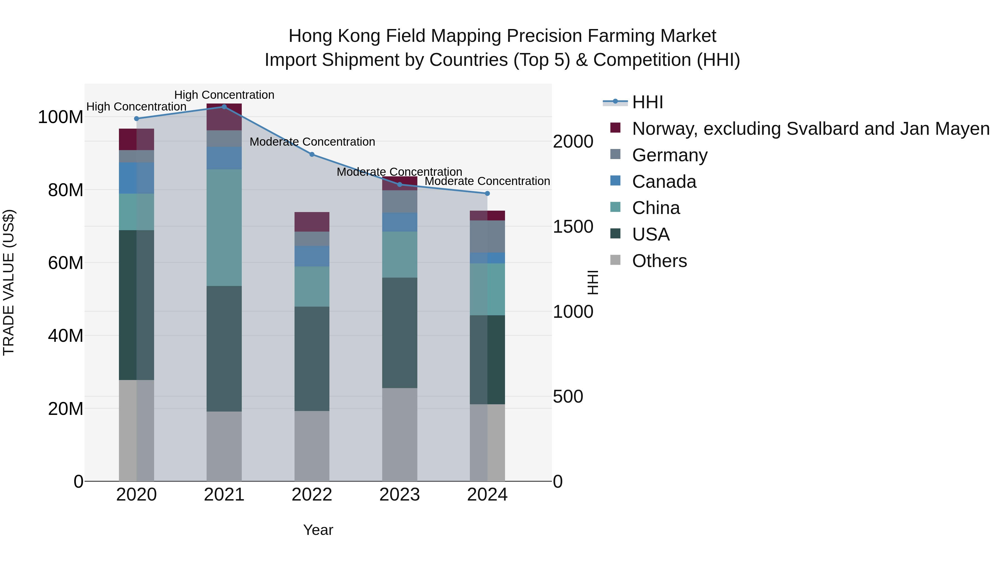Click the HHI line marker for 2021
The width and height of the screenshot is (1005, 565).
(x=224, y=107)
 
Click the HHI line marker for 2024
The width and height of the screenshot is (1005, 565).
(x=487, y=193)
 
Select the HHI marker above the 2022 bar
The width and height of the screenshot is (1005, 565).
(x=312, y=154)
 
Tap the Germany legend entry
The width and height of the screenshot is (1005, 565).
(x=669, y=155)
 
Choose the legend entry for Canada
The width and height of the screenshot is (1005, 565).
(x=664, y=182)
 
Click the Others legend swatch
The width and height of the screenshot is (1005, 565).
(x=615, y=260)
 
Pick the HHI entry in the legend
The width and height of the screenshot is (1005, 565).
(x=648, y=102)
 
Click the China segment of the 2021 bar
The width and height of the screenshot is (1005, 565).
(x=224, y=227)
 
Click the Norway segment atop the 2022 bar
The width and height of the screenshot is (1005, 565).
(x=312, y=222)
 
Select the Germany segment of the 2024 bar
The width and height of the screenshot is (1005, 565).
(x=487, y=236)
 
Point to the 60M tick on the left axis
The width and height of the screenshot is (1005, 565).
(x=66, y=263)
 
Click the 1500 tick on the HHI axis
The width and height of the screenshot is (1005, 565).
(x=573, y=227)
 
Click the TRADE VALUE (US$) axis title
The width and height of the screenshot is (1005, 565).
(x=9, y=282)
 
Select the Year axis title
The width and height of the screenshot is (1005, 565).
(x=318, y=530)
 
